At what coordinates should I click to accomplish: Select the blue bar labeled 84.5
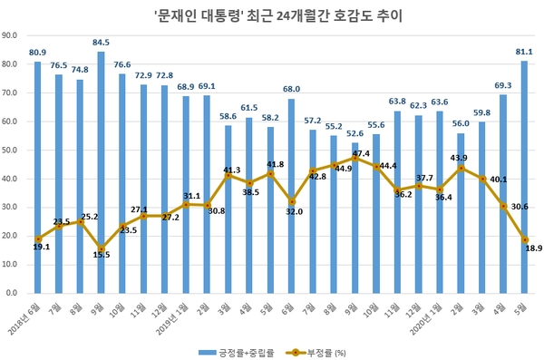[102, 172]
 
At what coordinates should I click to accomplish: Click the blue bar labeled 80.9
[38, 177]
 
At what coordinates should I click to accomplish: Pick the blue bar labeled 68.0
[292, 196]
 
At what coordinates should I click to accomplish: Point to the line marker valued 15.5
[102, 249]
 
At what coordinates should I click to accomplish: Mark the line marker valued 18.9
[525, 239]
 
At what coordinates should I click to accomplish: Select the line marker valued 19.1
[38, 239]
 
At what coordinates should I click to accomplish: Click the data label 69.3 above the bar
[503, 84]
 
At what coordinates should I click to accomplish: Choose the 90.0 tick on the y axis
[13, 36]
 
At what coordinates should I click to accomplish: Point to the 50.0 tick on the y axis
[13, 151]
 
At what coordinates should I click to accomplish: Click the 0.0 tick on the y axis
[15, 294]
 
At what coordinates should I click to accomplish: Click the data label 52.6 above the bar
[355, 133]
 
